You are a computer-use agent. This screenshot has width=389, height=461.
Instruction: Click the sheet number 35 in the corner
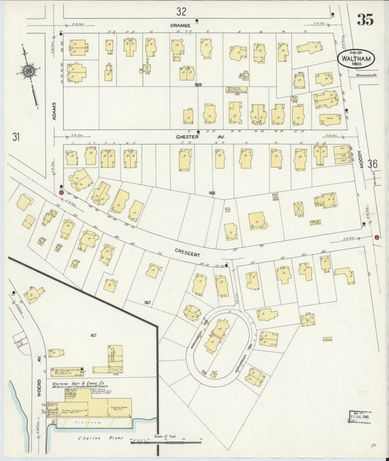365,20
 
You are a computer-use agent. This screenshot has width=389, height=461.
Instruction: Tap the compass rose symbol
28,71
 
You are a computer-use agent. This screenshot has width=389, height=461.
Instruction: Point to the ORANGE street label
180,26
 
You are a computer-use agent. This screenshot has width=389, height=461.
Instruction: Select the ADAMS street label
53,112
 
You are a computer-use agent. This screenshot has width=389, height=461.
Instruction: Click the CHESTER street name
187,136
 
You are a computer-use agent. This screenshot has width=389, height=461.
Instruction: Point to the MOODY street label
360,155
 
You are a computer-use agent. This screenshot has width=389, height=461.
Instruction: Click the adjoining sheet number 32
181,11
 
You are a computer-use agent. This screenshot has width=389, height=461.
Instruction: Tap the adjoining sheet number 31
15,136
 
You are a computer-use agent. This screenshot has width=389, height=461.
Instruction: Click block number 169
197,85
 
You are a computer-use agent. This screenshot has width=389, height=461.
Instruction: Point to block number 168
212,193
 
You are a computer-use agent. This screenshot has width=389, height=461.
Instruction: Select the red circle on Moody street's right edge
377,237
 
